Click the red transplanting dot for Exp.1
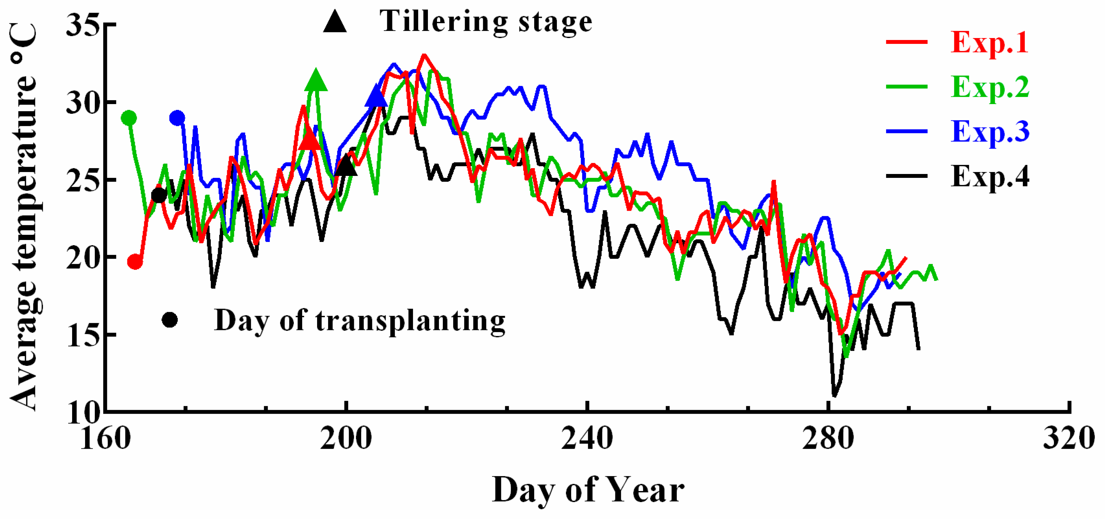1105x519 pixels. point(135,261)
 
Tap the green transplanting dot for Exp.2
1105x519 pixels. point(129,118)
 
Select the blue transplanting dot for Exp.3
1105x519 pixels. point(177,118)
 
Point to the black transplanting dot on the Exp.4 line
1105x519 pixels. point(159,195)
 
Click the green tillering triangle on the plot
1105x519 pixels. point(316,81)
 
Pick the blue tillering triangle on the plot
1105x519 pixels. point(376,96)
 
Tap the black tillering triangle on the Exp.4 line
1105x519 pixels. point(346,166)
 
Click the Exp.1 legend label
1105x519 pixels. point(989,43)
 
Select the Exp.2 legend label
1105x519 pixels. point(990,87)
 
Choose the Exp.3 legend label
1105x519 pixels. point(990,131)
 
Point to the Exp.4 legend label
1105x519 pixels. point(990,177)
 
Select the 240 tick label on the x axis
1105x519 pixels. point(587,439)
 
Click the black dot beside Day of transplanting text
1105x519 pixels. point(170,320)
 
